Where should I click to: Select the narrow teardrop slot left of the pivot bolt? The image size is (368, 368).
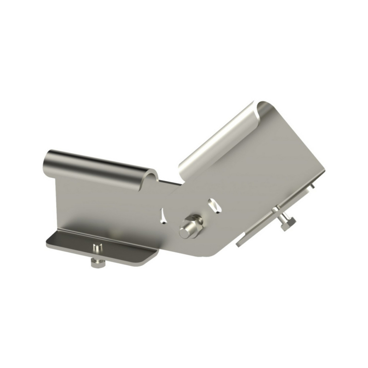pyautogui.click(x=162, y=215)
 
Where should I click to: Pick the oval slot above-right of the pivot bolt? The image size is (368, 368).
pyautogui.click(x=213, y=204)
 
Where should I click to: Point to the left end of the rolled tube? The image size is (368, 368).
pyautogui.click(x=49, y=161)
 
